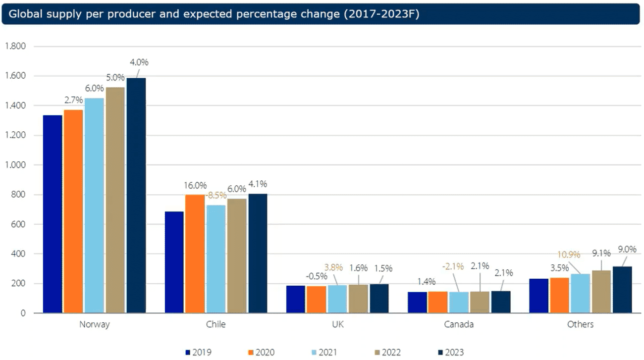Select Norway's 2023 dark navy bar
coord(136,196)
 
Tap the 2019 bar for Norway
coord(53,214)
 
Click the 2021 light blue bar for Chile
coord(216,259)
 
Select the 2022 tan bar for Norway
coord(115,200)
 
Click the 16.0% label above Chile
coord(195,186)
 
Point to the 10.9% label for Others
coord(568,255)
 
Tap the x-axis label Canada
coord(458,325)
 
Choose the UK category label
coord(337,325)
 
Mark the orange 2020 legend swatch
coord(251,353)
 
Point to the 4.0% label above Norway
coord(139,62)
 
